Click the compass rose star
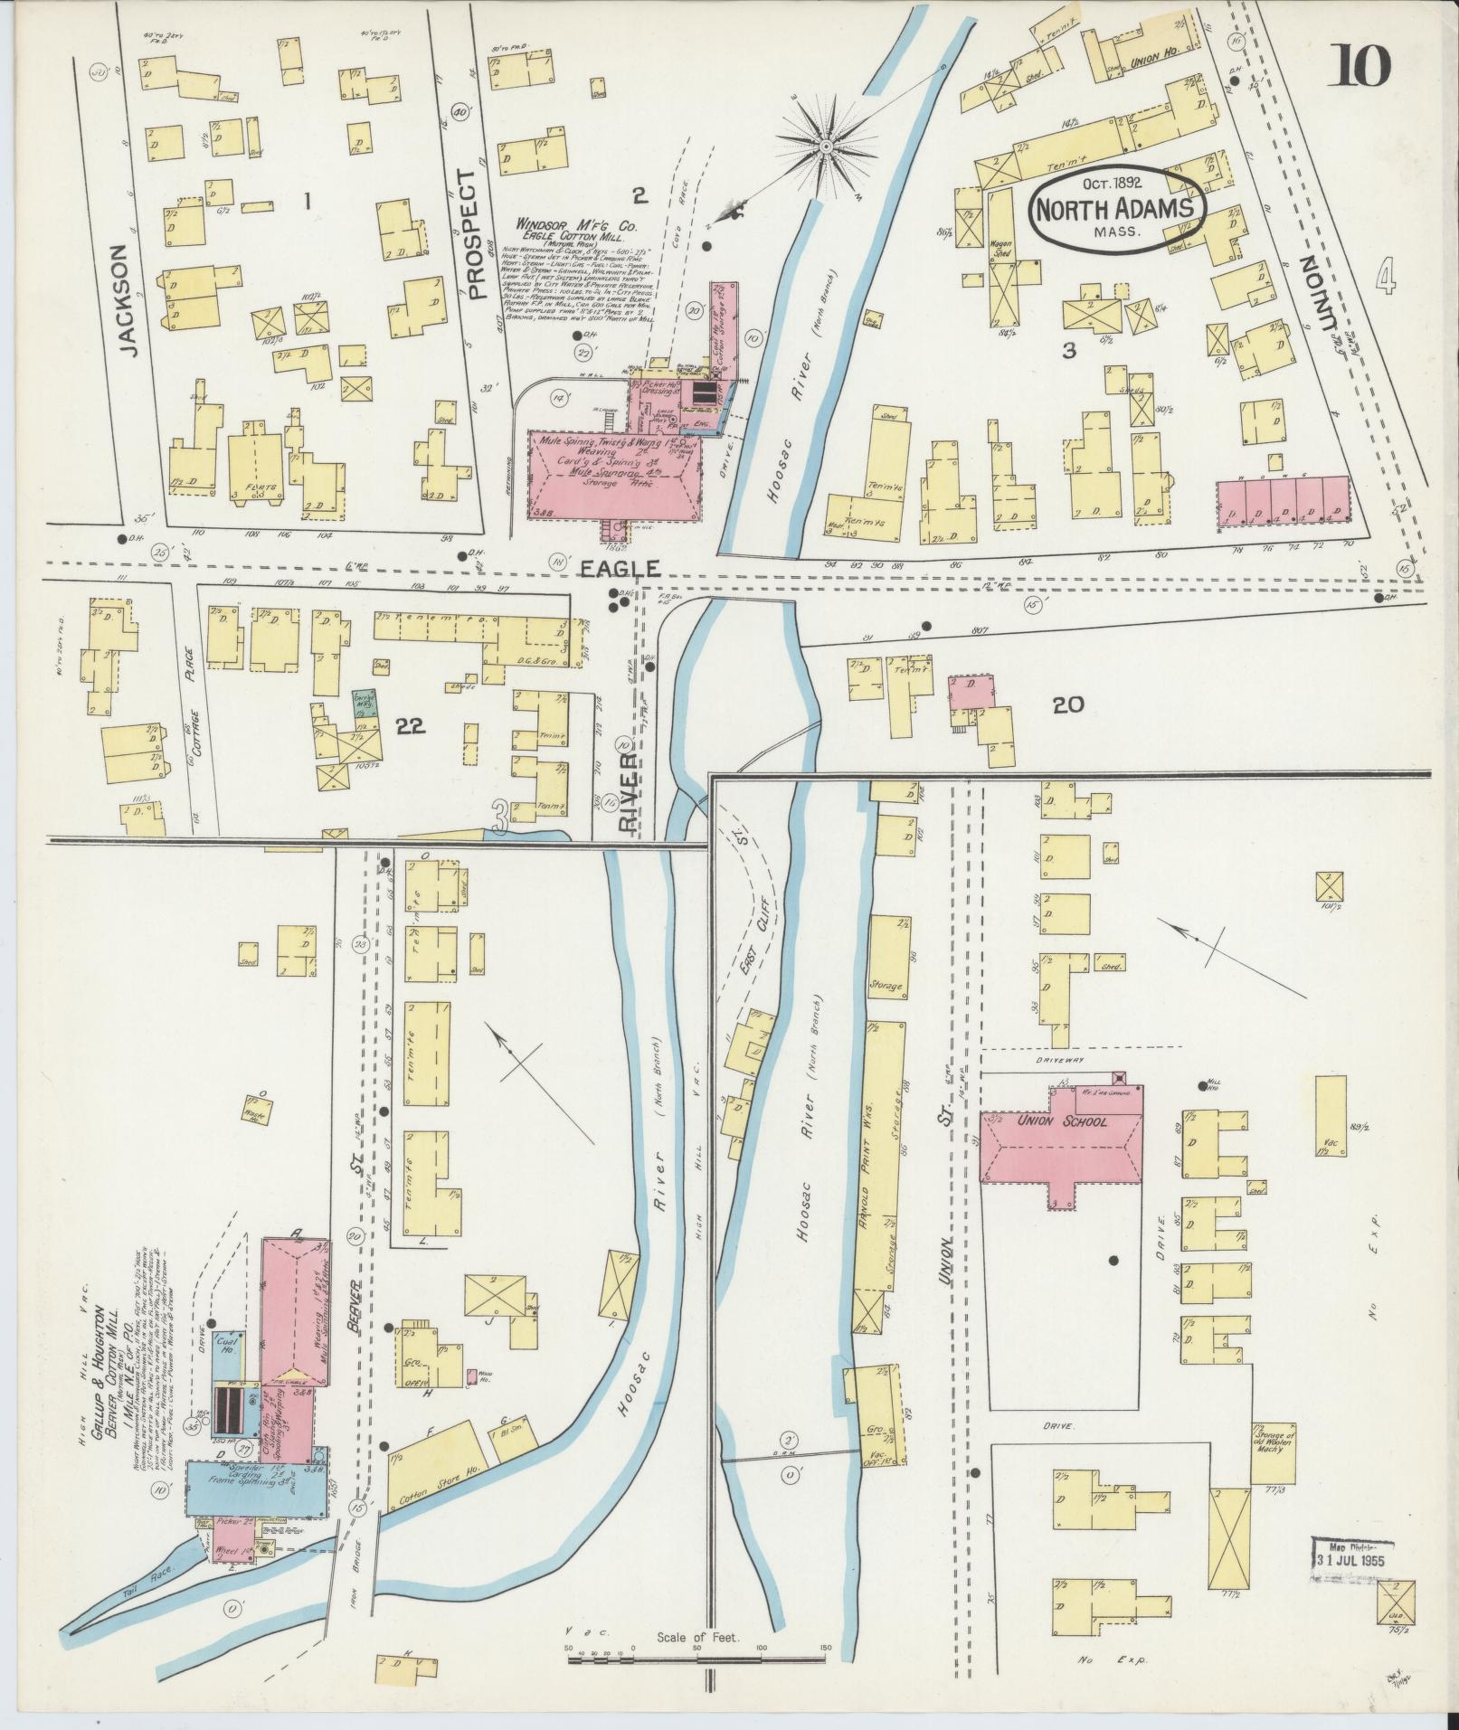tap(826, 145)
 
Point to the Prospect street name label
tap(471, 233)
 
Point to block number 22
tap(411, 725)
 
